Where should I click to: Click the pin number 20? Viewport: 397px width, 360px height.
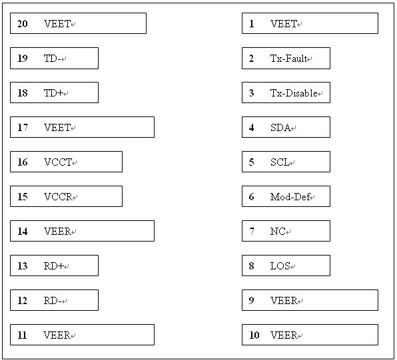pos(22,24)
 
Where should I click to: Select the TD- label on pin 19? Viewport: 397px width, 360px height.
pos(52,59)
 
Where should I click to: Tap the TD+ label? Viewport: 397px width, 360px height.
pos(53,93)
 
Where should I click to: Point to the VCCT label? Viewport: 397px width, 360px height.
pos(58,162)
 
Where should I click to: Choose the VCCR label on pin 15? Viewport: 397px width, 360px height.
pos(58,197)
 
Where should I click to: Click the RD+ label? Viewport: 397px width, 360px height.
pos(54,266)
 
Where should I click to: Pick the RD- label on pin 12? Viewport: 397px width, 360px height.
pos(53,301)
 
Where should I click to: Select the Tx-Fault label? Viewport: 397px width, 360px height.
pos(288,59)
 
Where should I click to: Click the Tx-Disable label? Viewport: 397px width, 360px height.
pos(294,93)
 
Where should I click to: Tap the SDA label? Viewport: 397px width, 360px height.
pos(280,128)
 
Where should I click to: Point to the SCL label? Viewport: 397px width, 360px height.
pos(280,162)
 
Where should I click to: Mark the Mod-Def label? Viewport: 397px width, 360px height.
pos(290,197)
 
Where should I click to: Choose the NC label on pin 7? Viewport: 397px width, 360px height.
pos(278,231)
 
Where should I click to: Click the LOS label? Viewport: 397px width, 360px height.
pos(280,266)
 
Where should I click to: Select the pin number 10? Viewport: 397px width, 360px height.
pos(254,335)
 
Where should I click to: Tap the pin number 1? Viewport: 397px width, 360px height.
pos(251,24)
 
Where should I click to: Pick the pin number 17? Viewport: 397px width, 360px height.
pos(22,128)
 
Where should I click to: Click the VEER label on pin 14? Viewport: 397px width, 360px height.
pos(57,231)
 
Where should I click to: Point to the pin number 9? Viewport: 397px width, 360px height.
pos(251,301)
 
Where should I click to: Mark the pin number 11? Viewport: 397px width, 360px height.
pos(22,335)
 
